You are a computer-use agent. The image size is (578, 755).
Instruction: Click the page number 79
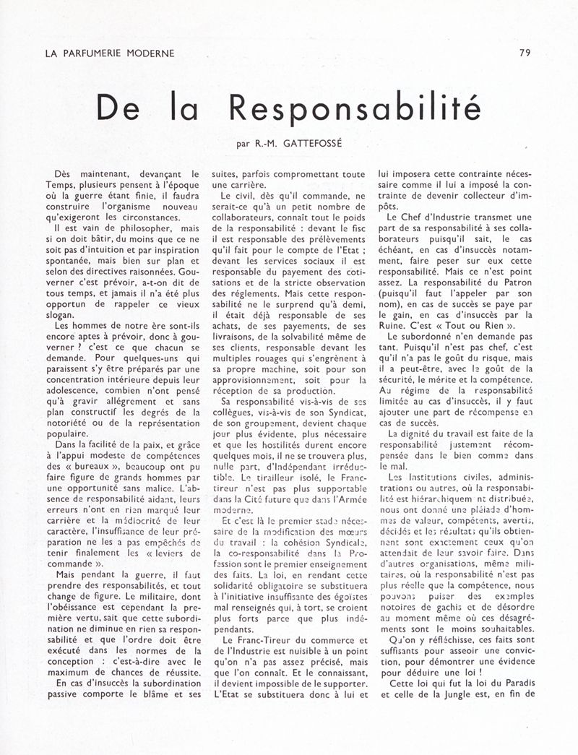(x=525, y=52)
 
